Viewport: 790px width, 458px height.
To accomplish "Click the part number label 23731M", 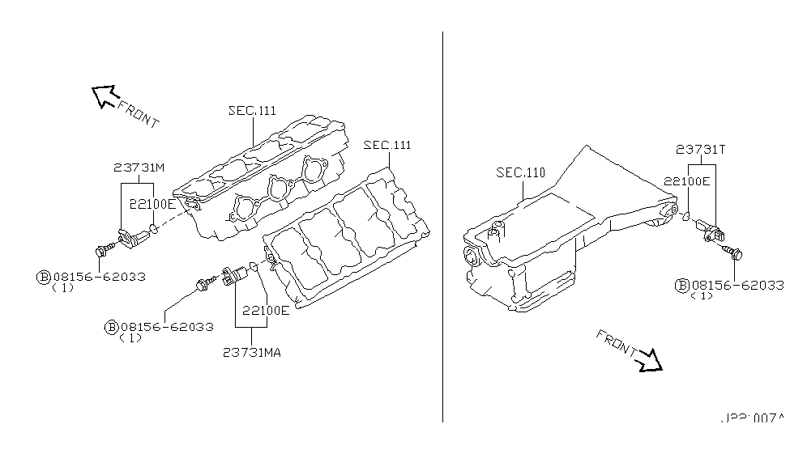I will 139,168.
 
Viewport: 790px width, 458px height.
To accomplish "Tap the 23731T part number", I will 702,149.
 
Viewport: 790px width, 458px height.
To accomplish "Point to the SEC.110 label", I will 520,173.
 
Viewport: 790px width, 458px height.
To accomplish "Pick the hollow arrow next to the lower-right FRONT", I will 649,360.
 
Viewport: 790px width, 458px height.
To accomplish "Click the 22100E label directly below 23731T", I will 687,181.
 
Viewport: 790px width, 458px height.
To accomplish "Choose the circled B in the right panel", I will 682,285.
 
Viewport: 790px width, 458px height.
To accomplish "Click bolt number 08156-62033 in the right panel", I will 737,285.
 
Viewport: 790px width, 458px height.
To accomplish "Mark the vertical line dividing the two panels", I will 443,227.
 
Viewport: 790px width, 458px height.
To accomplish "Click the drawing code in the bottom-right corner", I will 753,418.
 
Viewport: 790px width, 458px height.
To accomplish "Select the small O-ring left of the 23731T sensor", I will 685,216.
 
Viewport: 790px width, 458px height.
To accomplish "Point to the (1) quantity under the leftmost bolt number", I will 62,288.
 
